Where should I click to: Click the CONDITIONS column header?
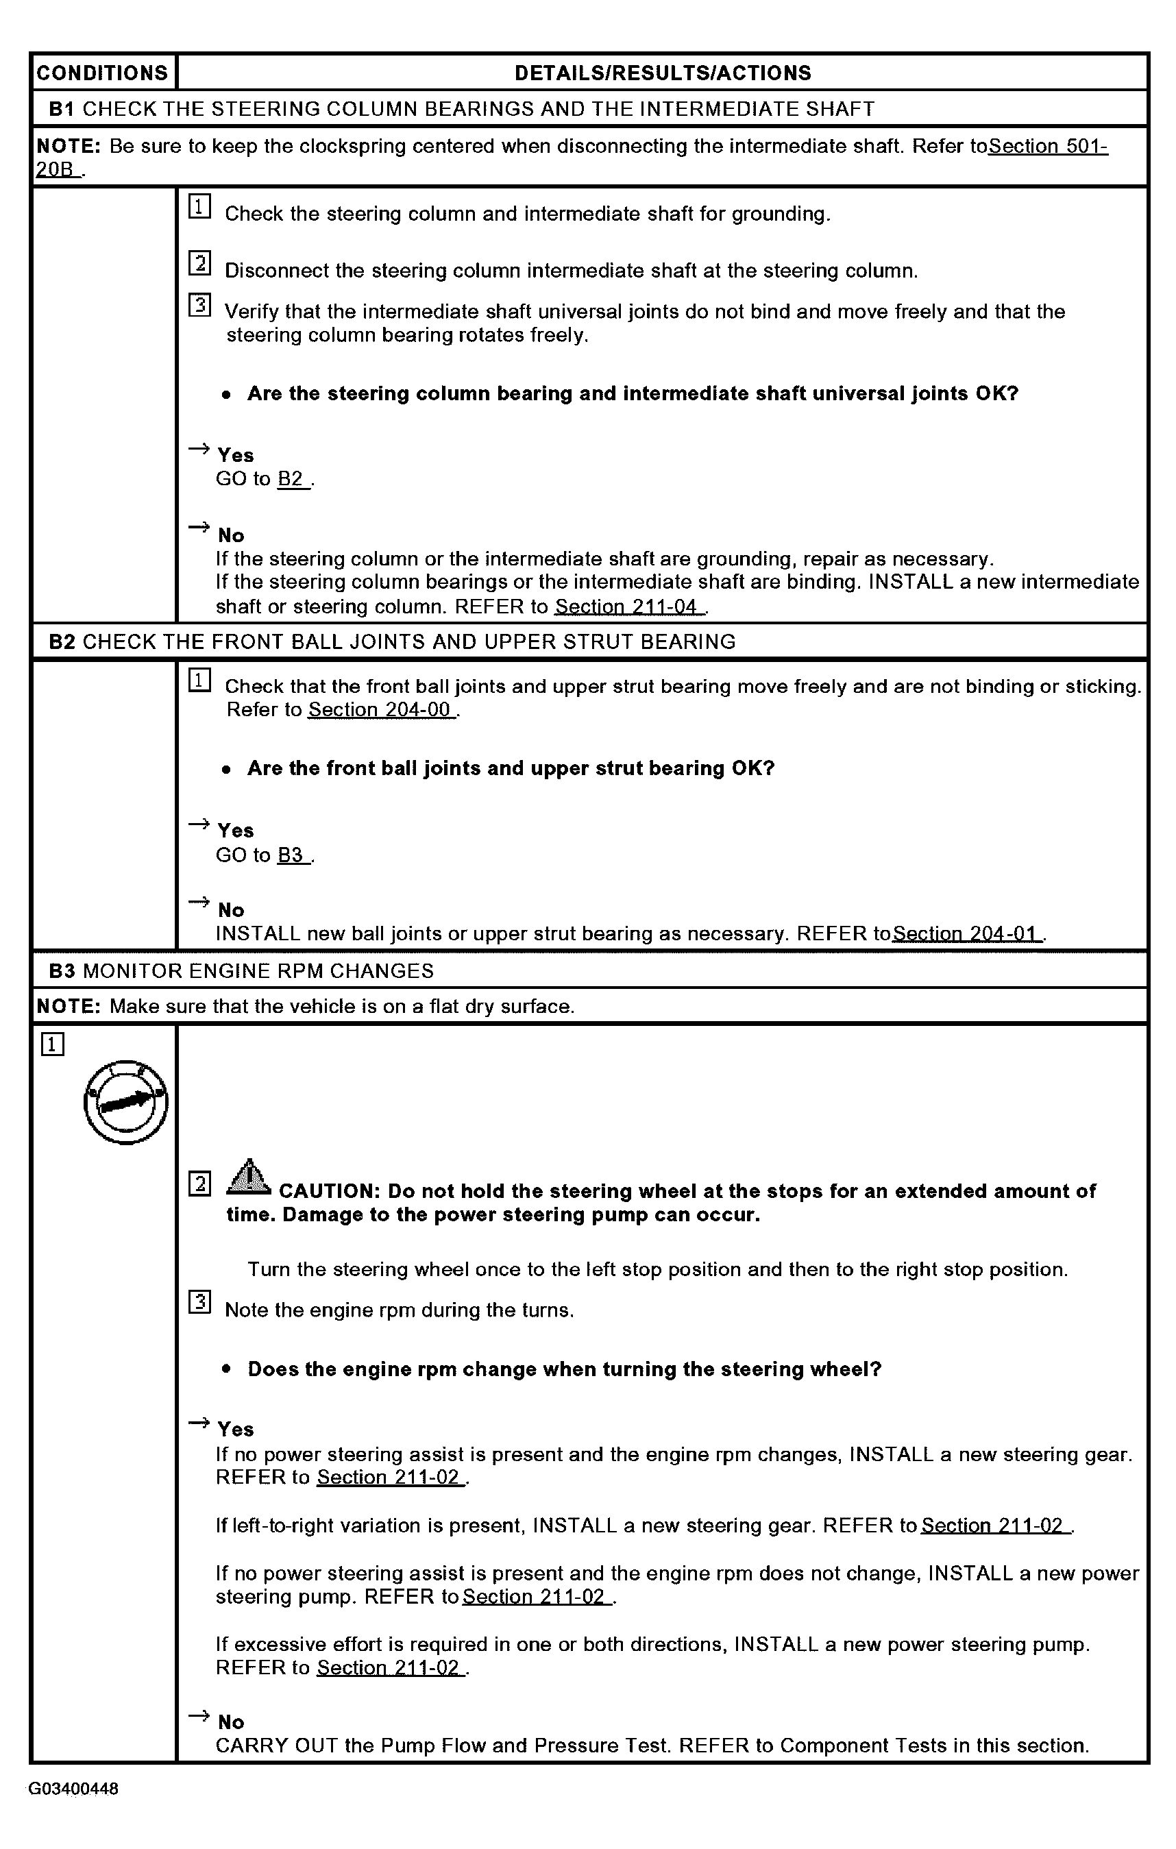(102, 73)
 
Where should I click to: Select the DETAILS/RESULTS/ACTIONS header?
(663, 73)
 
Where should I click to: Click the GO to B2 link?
(291, 479)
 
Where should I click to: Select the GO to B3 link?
(291, 855)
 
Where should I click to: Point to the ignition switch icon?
(126, 1102)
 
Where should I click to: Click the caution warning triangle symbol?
(248, 1177)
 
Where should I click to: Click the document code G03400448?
(74, 1789)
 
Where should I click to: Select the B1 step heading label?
(62, 109)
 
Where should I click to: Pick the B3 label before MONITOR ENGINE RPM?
(62, 971)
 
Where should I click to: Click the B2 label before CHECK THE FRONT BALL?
(62, 642)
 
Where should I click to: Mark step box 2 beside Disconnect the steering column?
(199, 263)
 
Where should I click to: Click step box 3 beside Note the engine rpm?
(199, 1302)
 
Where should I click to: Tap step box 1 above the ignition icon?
(52, 1045)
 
